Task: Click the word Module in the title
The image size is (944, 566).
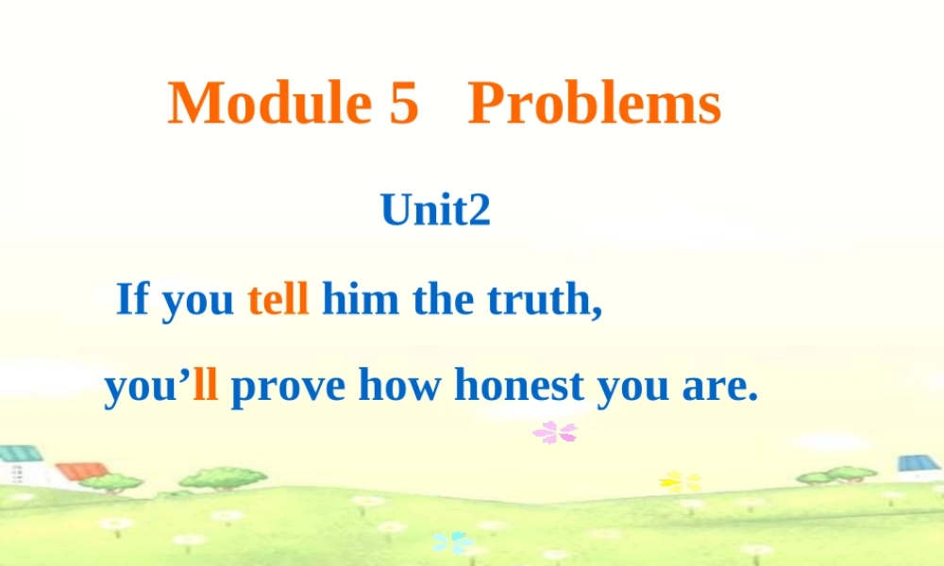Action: point(268,104)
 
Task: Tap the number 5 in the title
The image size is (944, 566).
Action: point(403,104)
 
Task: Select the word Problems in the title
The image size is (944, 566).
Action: point(595,104)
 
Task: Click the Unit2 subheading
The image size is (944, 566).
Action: point(436,210)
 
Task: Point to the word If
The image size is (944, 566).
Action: point(132,300)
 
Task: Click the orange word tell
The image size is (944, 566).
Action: point(278,300)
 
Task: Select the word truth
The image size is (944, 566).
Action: point(544,300)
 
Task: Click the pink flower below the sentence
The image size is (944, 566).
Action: point(554,433)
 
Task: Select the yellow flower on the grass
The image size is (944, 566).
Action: point(681,482)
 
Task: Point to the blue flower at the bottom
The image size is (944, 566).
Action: point(452,542)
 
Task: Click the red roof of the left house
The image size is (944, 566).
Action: point(83,470)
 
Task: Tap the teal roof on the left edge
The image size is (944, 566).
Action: point(19,453)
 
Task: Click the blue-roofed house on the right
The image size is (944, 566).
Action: point(918,468)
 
